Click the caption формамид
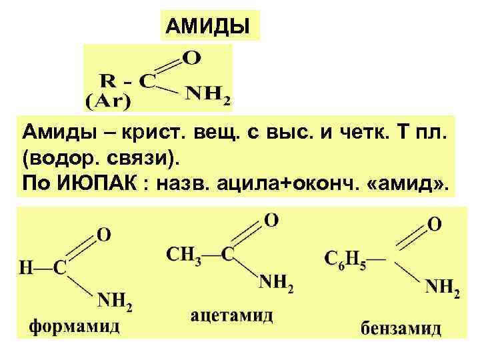[x=75, y=327]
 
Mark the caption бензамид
[x=401, y=329]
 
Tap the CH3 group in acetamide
[x=181, y=254]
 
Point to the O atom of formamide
[x=104, y=235]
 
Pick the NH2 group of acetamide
[x=275, y=286]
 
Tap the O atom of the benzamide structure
[x=434, y=223]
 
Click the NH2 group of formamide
[x=115, y=304]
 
